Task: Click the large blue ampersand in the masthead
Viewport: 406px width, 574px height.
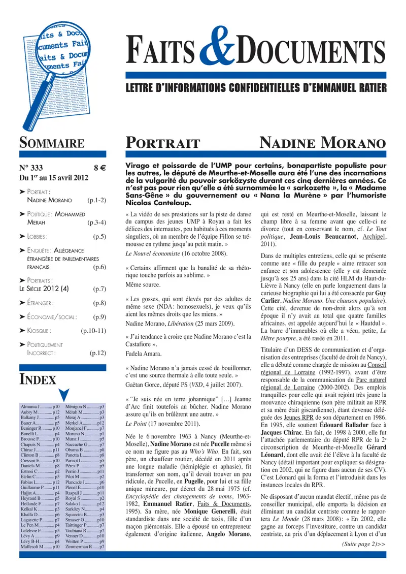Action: click(219, 57)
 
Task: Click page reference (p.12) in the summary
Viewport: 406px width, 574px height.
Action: click(97, 352)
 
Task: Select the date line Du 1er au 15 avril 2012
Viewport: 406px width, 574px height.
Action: click(54, 178)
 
